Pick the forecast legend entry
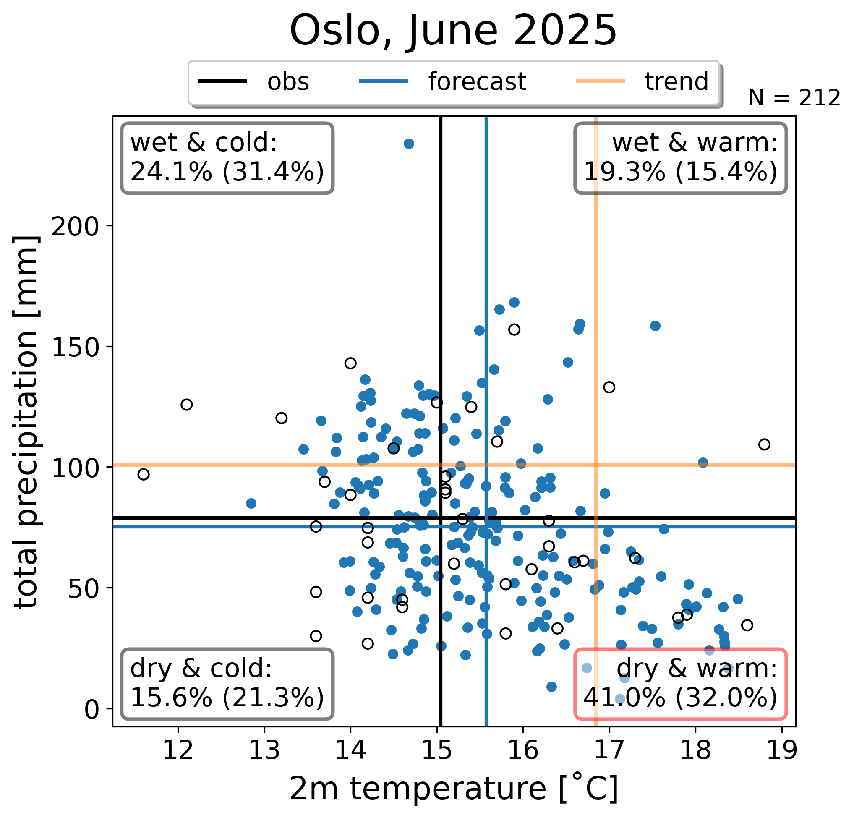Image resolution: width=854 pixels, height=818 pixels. pos(443,81)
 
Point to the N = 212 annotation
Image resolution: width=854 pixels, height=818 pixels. pos(794,98)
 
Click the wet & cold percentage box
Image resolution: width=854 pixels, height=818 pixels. pos(227,158)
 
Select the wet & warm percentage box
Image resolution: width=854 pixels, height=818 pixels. pos(681,158)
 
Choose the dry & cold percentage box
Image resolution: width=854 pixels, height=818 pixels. pos(227,684)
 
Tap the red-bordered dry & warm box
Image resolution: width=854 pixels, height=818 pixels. pos(681,684)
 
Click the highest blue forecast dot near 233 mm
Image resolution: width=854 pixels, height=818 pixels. pos(409,144)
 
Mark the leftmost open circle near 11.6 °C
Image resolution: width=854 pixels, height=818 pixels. pos(144,474)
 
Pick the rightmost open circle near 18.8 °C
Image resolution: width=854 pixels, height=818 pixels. pos(764,444)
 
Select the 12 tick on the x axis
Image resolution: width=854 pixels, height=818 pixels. pos(178,750)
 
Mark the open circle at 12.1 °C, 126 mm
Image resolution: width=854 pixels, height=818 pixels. pos(186,405)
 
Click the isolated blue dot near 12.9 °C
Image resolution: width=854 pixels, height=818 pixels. pos(251,503)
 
